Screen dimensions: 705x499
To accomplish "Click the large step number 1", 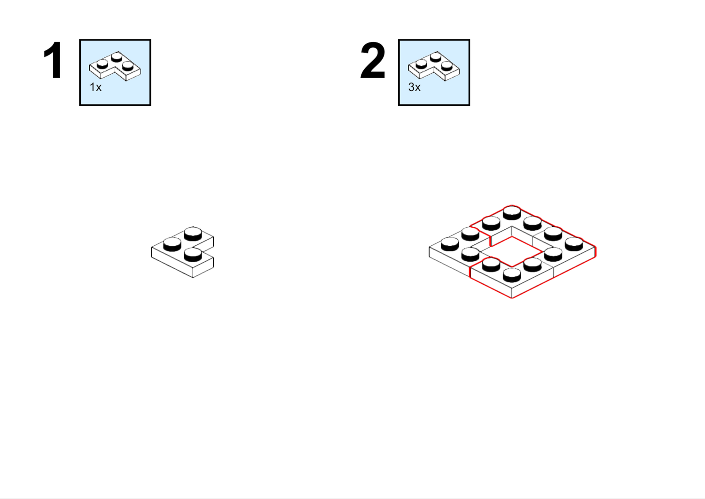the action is [x=53, y=60].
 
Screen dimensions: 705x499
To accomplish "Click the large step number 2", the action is [x=373, y=61].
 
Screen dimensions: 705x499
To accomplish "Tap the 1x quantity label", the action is [x=96, y=87].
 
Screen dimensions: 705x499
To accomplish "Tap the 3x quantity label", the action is [x=414, y=87].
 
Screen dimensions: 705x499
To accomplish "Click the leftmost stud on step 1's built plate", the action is [x=172, y=244].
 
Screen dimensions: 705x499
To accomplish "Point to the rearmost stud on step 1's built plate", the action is [x=193, y=234].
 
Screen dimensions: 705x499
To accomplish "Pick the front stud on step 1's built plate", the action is [x=193, y=255].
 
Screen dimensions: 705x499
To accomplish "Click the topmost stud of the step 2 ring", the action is [x=512, y=213].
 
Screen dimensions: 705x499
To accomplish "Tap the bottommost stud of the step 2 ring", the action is [x=512, y=275].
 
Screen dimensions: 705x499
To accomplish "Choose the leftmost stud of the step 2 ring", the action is [x=450, y=244].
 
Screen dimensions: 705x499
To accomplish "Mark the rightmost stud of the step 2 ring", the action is [x=574, y=244].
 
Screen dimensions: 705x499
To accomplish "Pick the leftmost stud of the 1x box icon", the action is [x=102, y=64].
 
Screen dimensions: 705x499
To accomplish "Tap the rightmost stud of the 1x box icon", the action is [x=127, y=66].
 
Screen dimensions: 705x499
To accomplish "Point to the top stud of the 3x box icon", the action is [x=436, y=57].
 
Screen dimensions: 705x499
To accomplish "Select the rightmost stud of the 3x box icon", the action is [x=446, y=66].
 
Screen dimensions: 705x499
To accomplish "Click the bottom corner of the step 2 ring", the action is [x=512, y=298].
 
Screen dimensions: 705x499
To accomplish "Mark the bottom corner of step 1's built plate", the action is [x=193, y=278].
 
